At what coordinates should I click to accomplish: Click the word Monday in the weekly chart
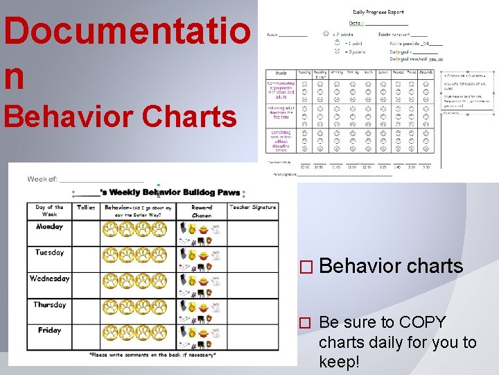[x=49, y=226]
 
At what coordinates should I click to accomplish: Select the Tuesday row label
[x=49, y=252]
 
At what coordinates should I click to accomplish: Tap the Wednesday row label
[x=49, y=278]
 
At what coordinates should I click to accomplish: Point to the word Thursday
[x=49, y=304]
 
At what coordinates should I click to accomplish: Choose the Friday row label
[x=49, y=330]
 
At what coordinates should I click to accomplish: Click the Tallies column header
[x=86, y=207]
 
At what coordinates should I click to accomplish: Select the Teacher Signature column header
[x=253, y=207]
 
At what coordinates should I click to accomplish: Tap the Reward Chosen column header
[x=202, y=211]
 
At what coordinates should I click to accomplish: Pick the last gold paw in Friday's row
[x=160, y=333]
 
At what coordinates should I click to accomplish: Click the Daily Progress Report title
[x=378, y=12]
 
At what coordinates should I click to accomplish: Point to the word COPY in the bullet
[x=422, y=323]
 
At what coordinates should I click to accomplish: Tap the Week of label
[x=42, y=179]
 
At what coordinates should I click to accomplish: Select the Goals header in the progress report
[x=281, y=72]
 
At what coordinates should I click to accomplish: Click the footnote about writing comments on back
[x=152, y=355]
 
